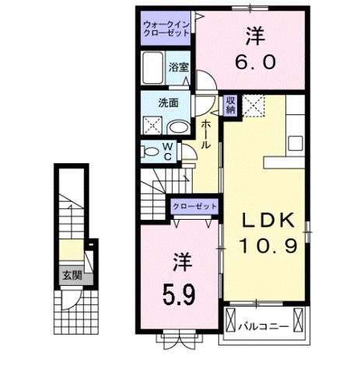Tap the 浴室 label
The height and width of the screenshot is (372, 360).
pos(179,67)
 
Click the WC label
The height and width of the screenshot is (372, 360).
pos(166,150)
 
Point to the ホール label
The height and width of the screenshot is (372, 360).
pos(205,134)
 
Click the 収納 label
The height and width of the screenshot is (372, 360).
pos(232,104)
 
